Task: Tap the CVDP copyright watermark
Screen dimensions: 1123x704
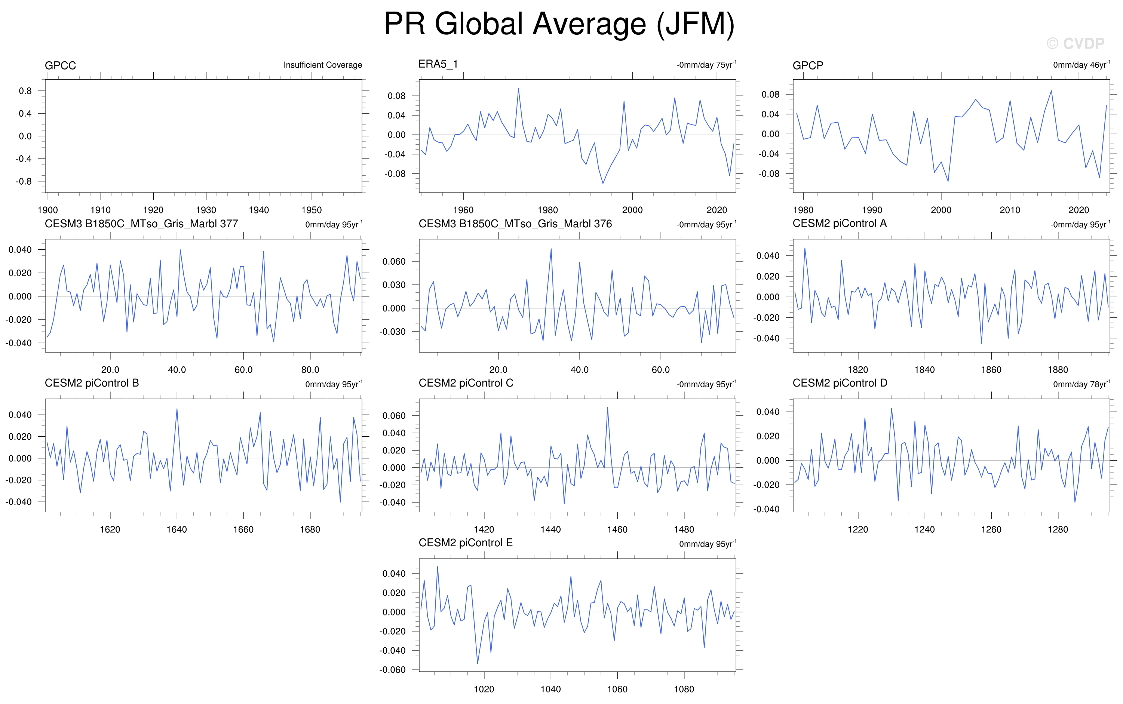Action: click(x=1075, y=43)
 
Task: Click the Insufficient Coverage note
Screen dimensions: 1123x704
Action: click(x=323, y=65)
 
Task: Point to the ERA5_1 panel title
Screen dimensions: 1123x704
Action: click(x=438, y=64)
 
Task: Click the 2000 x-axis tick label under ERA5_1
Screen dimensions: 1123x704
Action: click(x=632, y=210)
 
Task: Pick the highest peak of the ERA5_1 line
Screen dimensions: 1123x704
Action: click(x=518, y=89)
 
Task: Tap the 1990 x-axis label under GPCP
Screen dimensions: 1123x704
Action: click(x=872, y=210)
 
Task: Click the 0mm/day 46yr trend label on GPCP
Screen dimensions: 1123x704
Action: click(x=1081, y=65)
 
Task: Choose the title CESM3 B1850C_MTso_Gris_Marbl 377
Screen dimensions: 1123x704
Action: click(x=141, y=224)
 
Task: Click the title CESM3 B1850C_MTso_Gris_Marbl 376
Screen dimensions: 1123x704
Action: click(x=515, y=224)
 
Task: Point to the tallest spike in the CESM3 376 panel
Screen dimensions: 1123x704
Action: click(x=551, y=248)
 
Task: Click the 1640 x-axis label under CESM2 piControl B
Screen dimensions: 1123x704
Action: click(x=177, y=529)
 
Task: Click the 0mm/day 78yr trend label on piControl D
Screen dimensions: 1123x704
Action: click(x=1081, y=384)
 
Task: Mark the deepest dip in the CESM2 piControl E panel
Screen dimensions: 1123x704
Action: click(x=477, y=664)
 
